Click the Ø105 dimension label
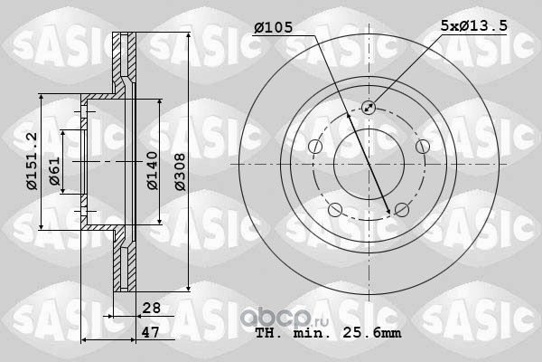point(274,27)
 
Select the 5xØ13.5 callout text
point(474,25)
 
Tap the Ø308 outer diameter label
point(180,172)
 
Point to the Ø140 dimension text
point(152,170)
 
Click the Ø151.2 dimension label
point(32,161)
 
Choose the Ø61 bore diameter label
point(54,171)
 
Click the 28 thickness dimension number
point(152,308)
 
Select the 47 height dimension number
point(151,332)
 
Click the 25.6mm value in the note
point(372,333)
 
